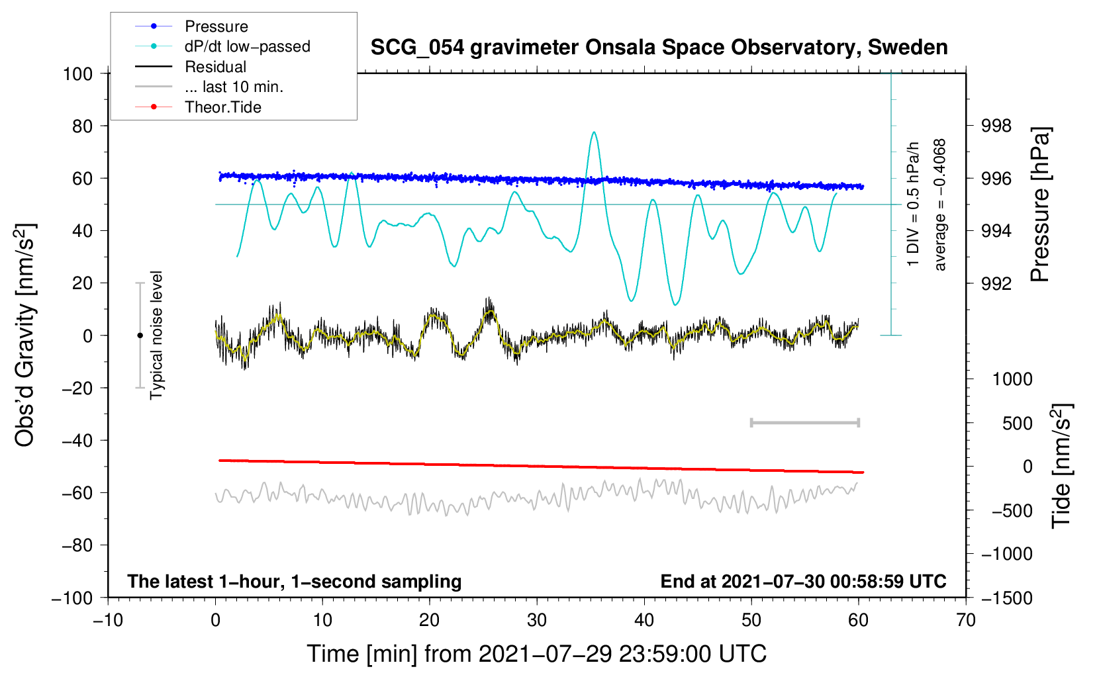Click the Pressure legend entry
[x=216, y=26]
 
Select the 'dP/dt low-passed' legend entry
[x=247, y=46]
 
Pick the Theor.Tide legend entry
[x=222, y=107]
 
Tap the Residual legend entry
[x=215, y=67]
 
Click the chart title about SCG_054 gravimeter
[x=659, y=48]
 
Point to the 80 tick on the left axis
[x=77, y=126]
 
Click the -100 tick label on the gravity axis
[x=72, y=598]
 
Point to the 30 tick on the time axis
[x=537, y=620]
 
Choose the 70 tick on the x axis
[x=966, y=620]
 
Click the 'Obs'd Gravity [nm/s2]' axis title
[x=25, y=335]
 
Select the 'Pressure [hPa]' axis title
[x=1041, y=205]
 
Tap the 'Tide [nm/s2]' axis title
[x=1061, y=465]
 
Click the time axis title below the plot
[x=537, y=654]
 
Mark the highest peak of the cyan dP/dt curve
[x=594, y=132]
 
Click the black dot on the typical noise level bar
[x=140, y=336]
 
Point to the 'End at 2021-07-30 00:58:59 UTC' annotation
[x=803, y=581]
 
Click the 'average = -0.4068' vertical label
[x=940, y=205]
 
